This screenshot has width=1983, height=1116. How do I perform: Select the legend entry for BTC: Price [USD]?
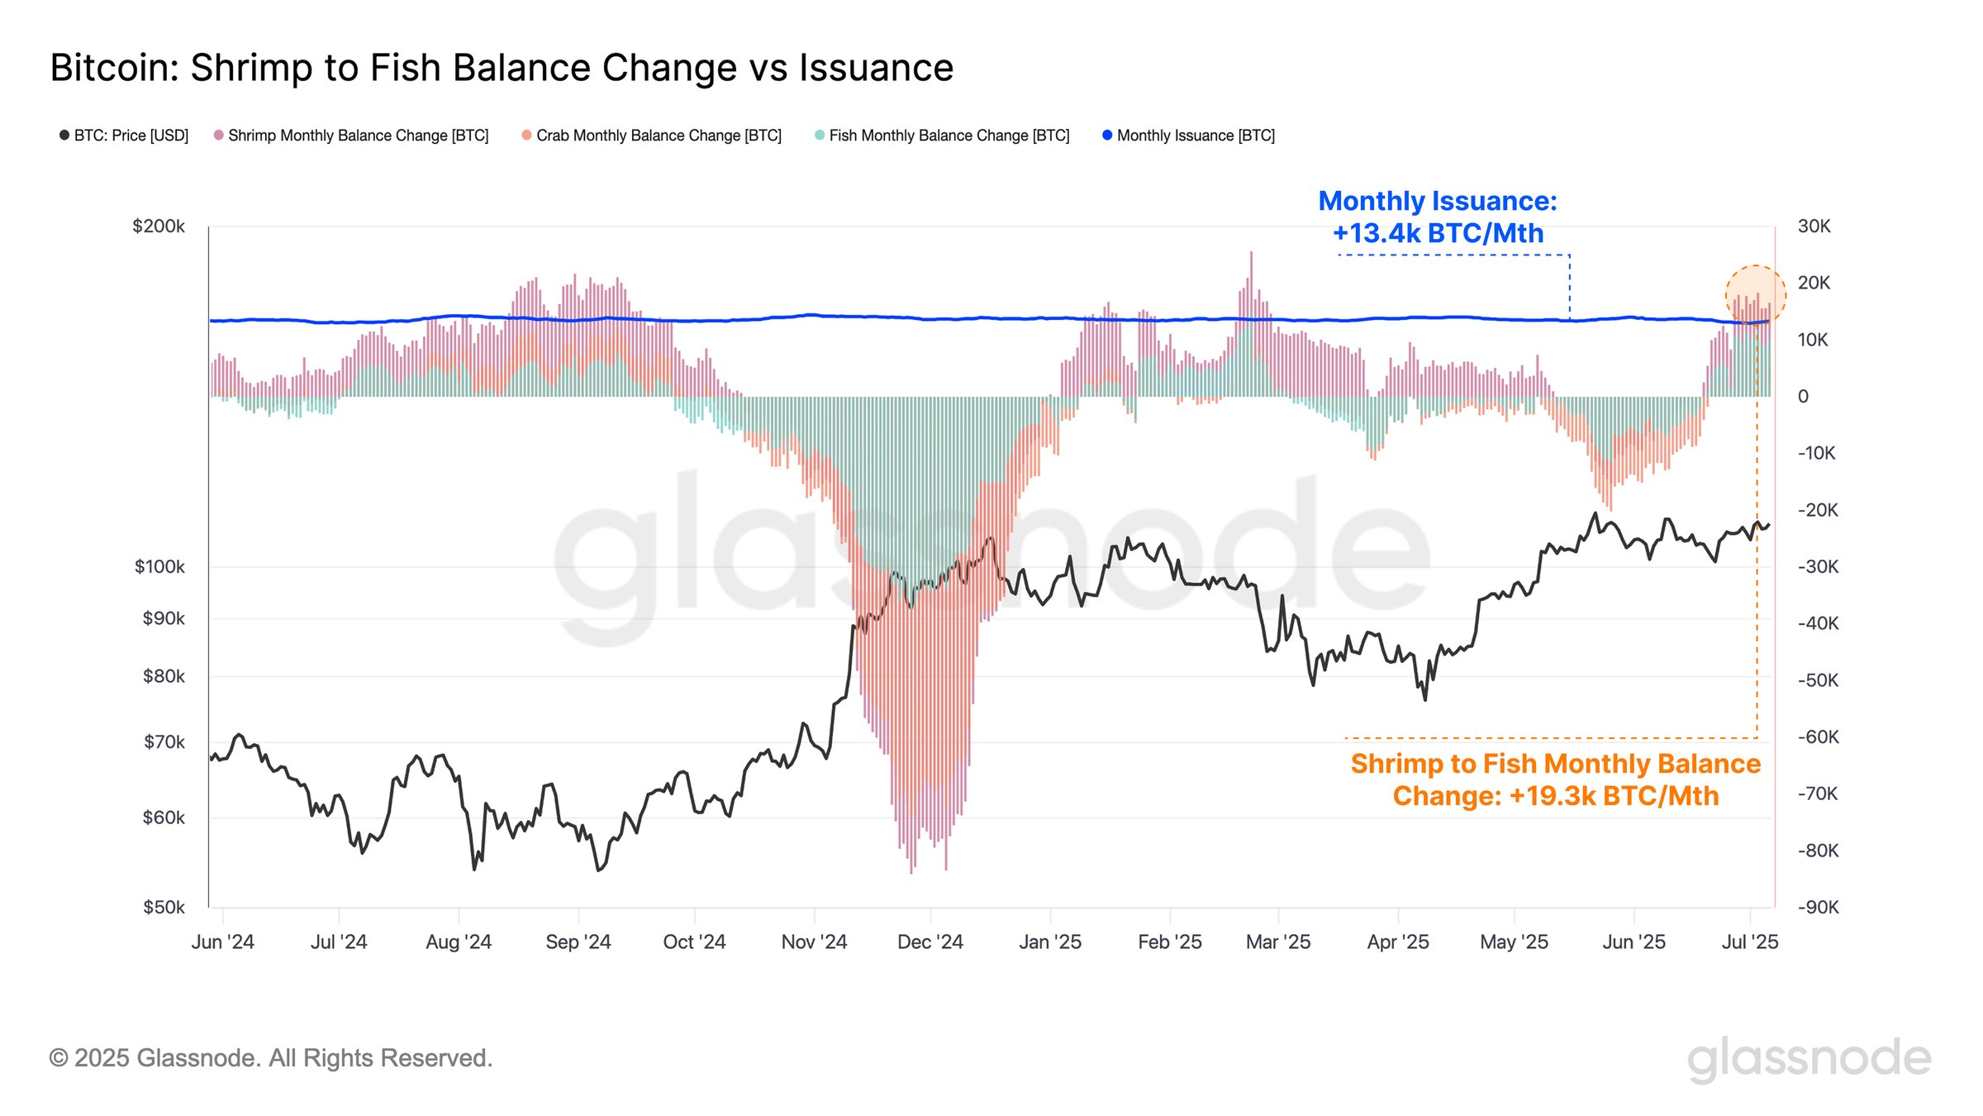coord(124,136)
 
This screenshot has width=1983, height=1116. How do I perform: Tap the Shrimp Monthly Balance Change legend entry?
coord(351,136)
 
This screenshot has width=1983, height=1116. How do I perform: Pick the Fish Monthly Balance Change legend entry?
coord(942,136)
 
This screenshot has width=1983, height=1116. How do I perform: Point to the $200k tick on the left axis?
coord(159,227)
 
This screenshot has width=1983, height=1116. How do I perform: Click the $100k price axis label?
coord(159,567)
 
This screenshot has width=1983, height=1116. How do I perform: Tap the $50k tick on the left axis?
coord(164,908)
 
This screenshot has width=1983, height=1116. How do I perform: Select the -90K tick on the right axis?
coord(1819,908)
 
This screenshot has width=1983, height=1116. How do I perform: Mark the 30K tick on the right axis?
coord(1814,227)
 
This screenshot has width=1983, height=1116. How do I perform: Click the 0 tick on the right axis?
coord(1803,397)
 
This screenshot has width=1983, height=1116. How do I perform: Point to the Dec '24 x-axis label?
coord(930,942)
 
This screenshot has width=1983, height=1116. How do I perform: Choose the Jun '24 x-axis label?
coord(223,942)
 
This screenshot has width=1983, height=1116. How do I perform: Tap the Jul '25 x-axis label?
coord(1750,942)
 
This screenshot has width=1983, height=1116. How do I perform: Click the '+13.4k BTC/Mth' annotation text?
coord(1438,234)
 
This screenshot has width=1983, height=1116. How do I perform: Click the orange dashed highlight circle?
coord(1756,295)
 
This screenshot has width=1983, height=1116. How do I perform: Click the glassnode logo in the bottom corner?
coord(1809,1058)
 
